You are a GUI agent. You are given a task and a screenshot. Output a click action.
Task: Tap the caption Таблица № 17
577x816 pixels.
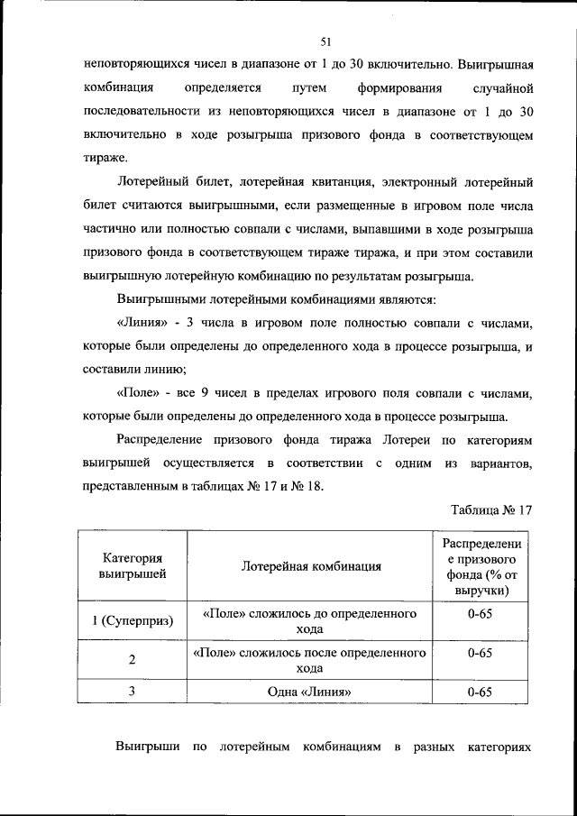[492, 509]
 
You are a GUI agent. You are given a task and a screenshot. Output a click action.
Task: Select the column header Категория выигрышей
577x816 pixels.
[132, 565]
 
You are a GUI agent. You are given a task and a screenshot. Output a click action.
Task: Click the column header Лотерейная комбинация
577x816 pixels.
[311, 566]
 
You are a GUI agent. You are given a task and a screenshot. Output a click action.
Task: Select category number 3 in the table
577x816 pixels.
[132, 692]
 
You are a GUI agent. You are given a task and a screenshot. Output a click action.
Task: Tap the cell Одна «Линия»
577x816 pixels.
[311, 692]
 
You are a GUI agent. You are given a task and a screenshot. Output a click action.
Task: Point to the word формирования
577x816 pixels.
[388, 88]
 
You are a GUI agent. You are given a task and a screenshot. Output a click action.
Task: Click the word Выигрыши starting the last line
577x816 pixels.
[146, 748]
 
